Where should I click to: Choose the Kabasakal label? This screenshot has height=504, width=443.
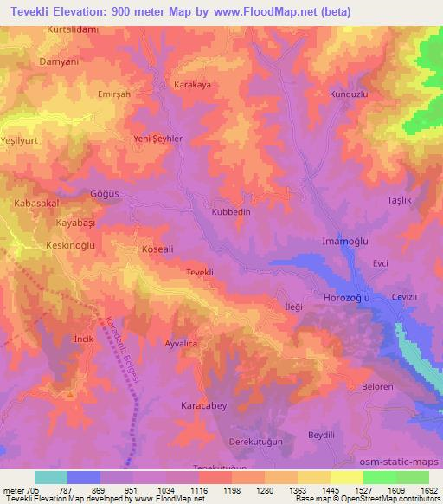point(35,204)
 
